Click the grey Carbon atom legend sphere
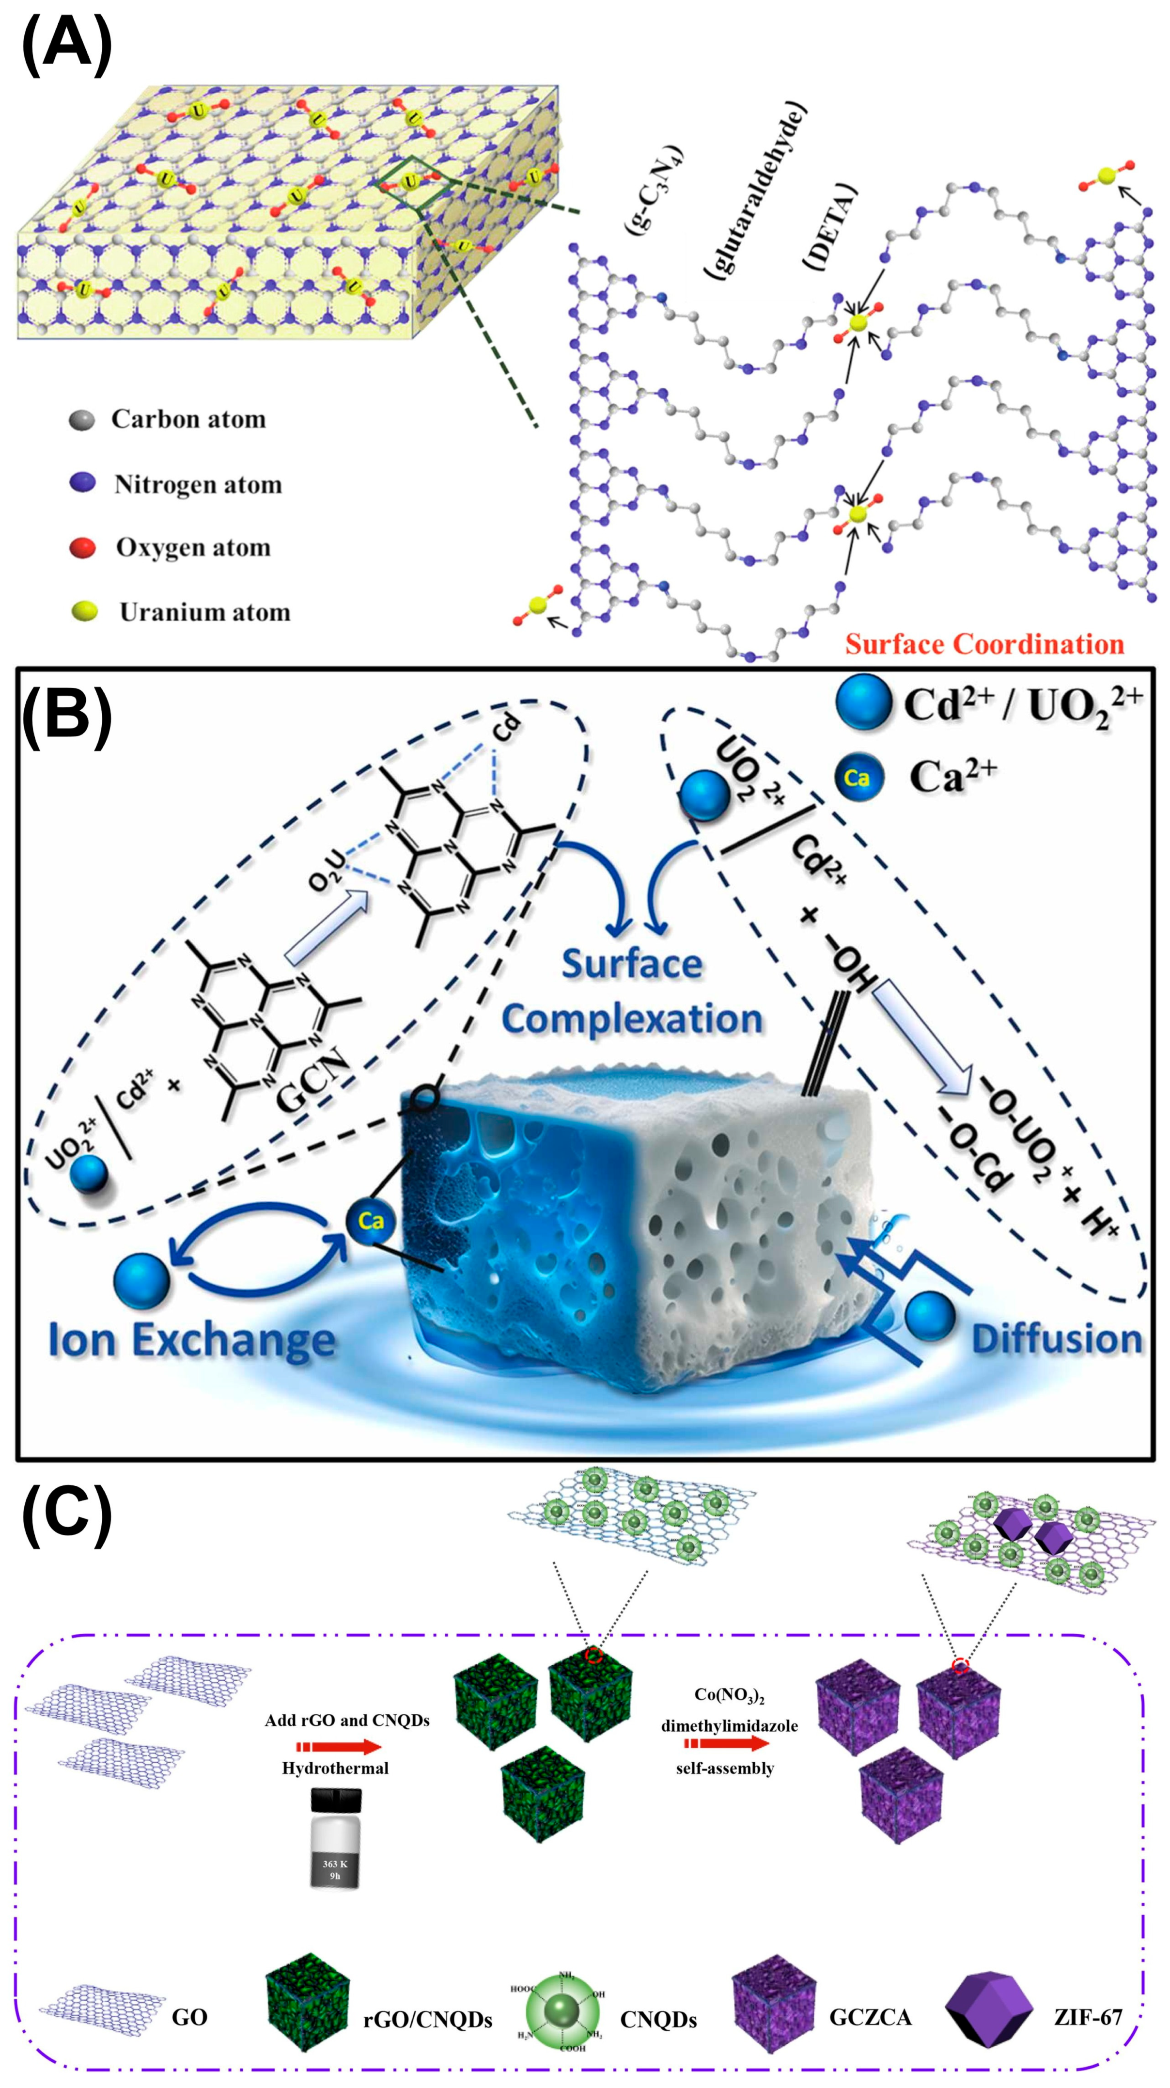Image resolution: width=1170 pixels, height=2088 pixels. [x=82, y=420]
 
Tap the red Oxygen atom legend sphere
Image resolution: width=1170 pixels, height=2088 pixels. [x=82, y=548]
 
